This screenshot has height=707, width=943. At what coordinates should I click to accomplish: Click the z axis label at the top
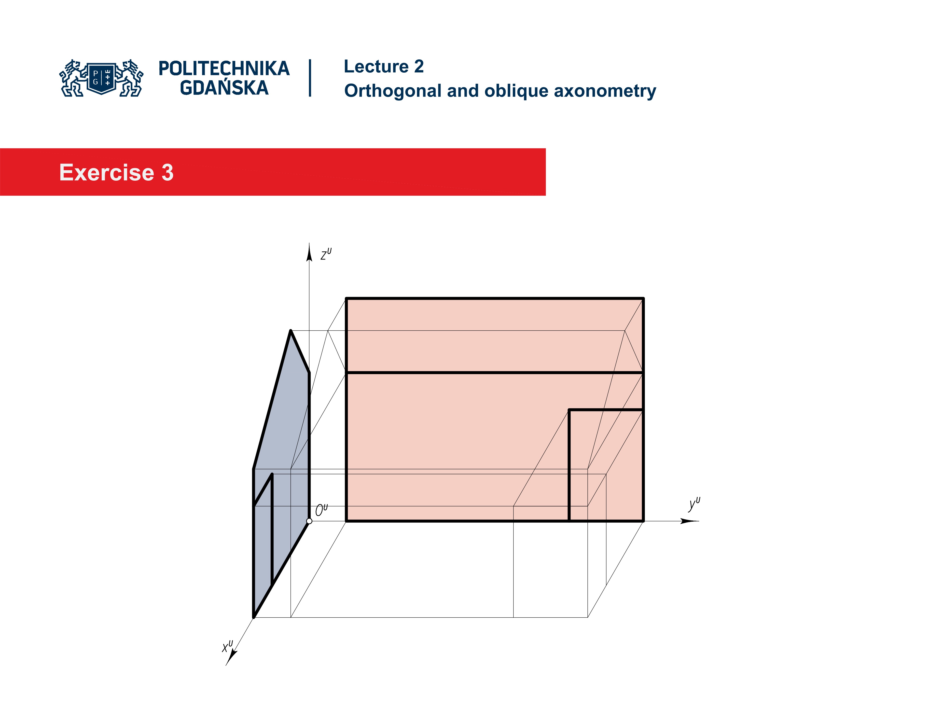(326, 254)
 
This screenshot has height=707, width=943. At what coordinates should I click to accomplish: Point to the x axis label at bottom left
(227, 646)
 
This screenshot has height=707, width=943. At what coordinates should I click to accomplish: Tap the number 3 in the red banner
(167, 173)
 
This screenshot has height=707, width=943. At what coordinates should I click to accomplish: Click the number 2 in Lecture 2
(419, 67)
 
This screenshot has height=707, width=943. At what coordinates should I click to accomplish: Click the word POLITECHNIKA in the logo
(224, 68)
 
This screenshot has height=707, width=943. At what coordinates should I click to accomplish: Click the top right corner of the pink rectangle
(643, 299)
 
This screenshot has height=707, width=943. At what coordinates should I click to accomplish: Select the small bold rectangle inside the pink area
(606, 465)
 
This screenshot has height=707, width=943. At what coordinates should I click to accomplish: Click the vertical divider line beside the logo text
(310, 78)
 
